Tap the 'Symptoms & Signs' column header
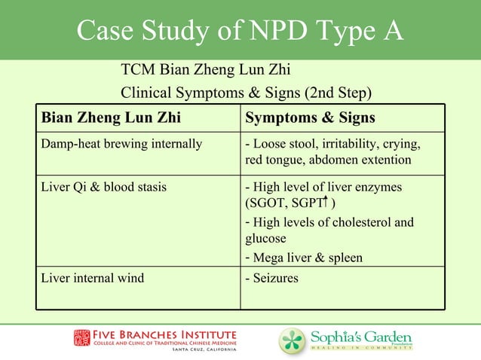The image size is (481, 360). pos(310,118)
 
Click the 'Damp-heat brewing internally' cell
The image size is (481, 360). pos(121,144)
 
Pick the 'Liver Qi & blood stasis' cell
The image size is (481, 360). pos(104,187)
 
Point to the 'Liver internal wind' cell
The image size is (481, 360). pos(93,279)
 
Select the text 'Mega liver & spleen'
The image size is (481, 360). pos(308,258)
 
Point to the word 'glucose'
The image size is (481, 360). pos(264,239)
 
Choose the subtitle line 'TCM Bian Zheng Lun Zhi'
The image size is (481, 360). pos(206,72)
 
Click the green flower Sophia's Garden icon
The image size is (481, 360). pos(291,340)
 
